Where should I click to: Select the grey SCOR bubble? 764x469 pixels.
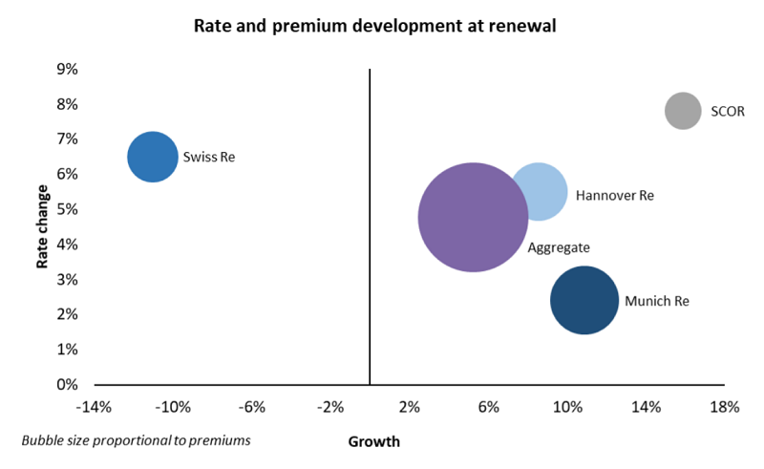682,111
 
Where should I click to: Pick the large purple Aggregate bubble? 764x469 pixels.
473,218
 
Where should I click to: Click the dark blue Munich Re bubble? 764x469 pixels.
584,300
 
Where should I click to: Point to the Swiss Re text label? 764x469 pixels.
209,157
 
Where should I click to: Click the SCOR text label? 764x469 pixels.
727,111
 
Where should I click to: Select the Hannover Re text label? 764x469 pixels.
614,195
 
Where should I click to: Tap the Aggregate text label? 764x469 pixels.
559,246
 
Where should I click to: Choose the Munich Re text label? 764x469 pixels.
657,301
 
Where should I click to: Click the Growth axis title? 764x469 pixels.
374,441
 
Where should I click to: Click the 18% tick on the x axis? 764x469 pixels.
725,408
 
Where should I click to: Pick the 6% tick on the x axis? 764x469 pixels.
488,408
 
